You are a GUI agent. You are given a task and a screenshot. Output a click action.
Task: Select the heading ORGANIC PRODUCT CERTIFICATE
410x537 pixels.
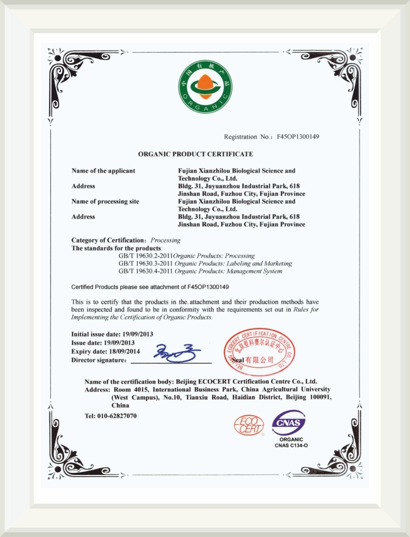pyautogui.click(x=195, y=153)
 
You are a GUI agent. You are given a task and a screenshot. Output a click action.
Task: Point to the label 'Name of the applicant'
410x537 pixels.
pyautogui.click(x=103, y=171)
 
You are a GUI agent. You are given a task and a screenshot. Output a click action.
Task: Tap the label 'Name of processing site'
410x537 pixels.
pyautogui.click(x=105, y=202)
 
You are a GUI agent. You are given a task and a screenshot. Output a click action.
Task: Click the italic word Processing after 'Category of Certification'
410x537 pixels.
pyautogui.click(x=166, y=240)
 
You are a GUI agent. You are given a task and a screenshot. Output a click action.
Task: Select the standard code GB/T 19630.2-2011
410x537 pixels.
pyautogui.click(x=146, y=256)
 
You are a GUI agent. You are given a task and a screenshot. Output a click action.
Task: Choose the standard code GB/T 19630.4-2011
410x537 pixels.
pyautogui.click(x=146, y=271)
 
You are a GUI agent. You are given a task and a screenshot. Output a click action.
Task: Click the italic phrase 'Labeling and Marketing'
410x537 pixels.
pyautogui.click(x=264, y=264)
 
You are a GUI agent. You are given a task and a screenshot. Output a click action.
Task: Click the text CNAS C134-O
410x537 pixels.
pyautogui.click(x=290, y=445)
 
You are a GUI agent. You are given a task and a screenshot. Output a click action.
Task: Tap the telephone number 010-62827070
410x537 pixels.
pyautogui.click(x=117, y=416)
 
